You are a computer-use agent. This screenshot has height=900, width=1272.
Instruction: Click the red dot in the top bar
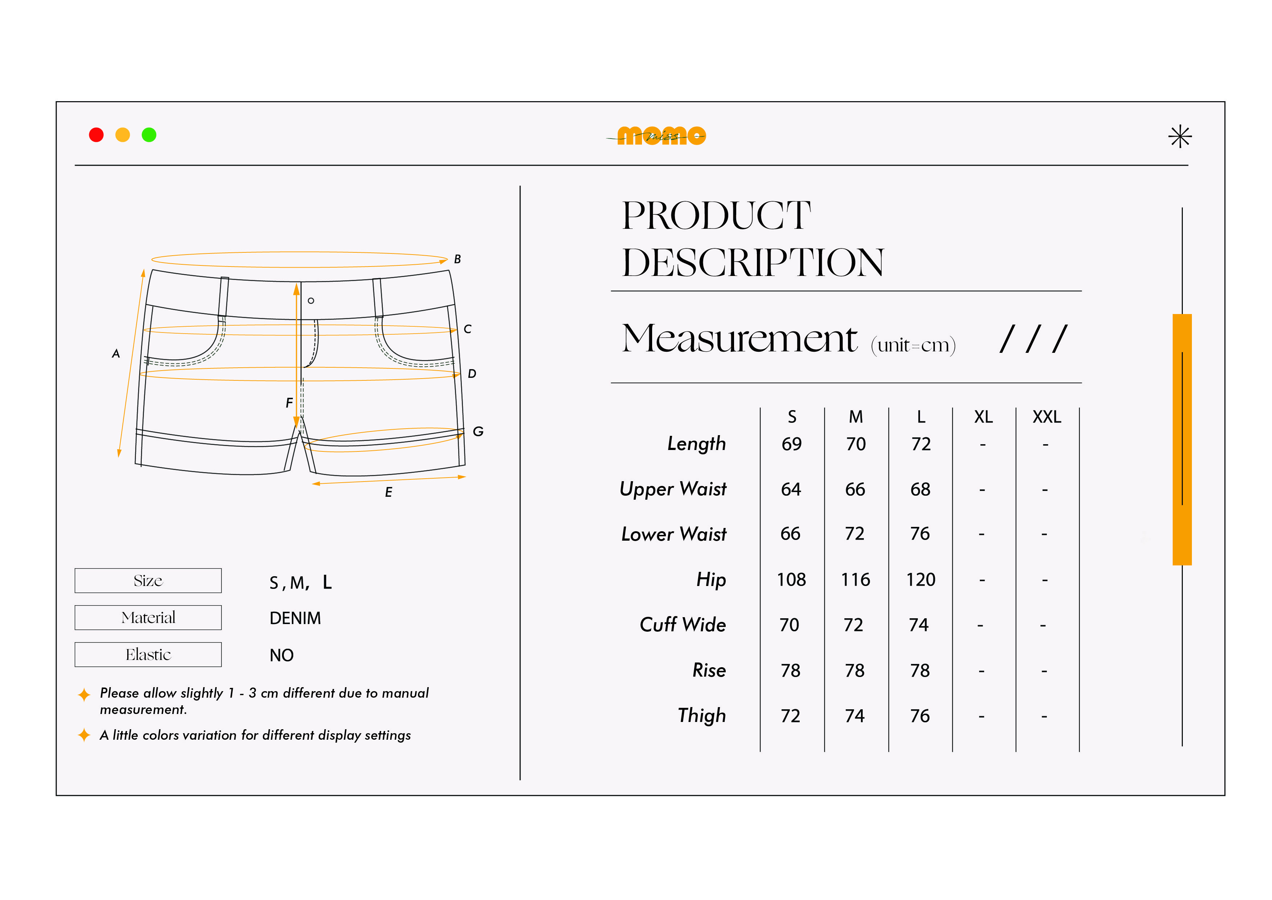click(96, 135)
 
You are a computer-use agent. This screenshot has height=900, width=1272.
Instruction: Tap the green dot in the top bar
click(149, 135)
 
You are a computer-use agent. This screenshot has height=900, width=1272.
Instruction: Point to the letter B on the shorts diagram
click(457, 259)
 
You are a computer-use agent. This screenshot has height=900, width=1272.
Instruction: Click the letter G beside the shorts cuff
click(478, 431)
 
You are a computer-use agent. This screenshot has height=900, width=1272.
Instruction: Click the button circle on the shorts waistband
click(311, 301)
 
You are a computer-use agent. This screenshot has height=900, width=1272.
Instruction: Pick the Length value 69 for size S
click(792, 444)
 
